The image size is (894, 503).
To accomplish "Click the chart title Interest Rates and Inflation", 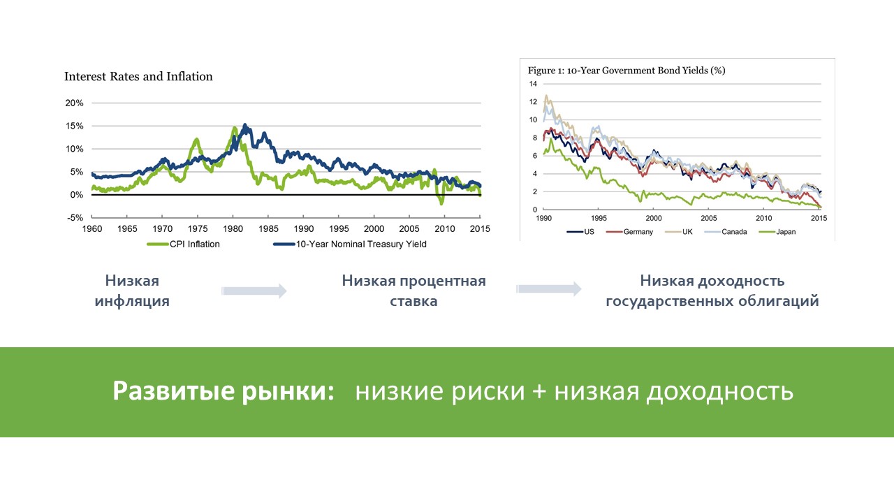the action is coord(138,76).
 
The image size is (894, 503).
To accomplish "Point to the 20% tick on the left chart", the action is coord(75,103).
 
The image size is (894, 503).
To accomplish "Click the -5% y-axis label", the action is coord(75,218).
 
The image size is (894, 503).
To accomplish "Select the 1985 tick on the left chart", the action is coord(268,228).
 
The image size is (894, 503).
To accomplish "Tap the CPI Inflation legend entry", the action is coord(183,244).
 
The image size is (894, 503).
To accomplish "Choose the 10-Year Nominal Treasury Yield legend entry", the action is coord(350,244).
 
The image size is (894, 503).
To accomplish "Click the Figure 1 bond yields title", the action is coord(626,71).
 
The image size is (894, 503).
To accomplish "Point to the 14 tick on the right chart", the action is coord(533,84).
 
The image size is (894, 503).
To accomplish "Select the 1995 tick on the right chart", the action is coord(599,219).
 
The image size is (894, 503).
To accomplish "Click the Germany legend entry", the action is coord(629,232).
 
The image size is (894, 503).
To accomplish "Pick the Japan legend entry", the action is coord(777,232).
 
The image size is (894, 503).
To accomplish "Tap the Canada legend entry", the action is coord(726,232).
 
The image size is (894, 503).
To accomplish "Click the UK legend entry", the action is coord(679,232).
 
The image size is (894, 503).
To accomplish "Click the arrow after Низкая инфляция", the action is coord(254,291).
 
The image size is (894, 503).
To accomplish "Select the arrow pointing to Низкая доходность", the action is coord(549,289).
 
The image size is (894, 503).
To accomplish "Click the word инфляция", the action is coord(132,301).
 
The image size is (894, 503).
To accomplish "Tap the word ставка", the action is coord(413,301).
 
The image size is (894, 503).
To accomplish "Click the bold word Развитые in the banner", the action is coord(174,391).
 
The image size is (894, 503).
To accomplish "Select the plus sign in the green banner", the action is coord(538,391).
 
